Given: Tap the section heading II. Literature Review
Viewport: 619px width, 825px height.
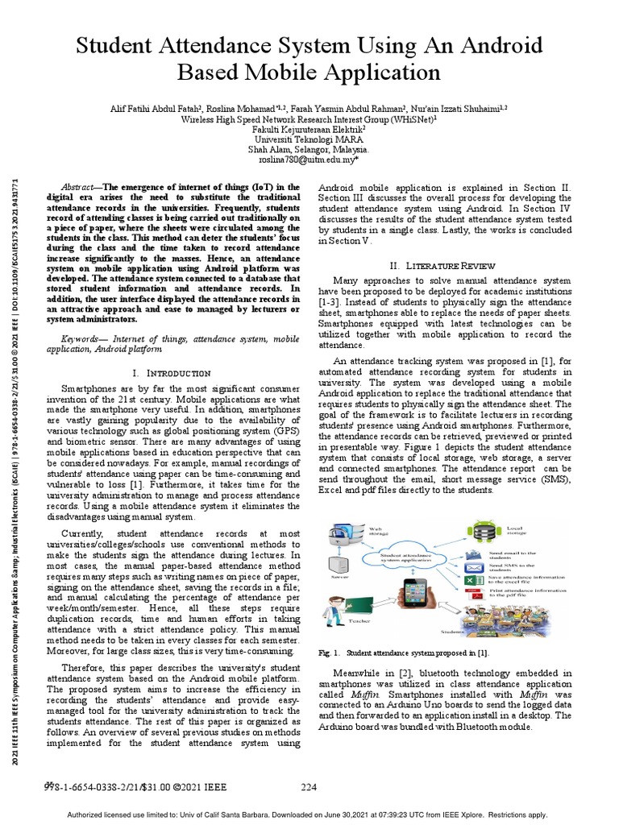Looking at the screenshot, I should point(447,265).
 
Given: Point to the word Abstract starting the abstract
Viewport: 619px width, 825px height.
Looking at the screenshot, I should point(80,186).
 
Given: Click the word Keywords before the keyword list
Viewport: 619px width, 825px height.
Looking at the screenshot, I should point(85,340).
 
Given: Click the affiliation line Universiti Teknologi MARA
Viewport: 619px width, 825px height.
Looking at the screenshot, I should point(309,139).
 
